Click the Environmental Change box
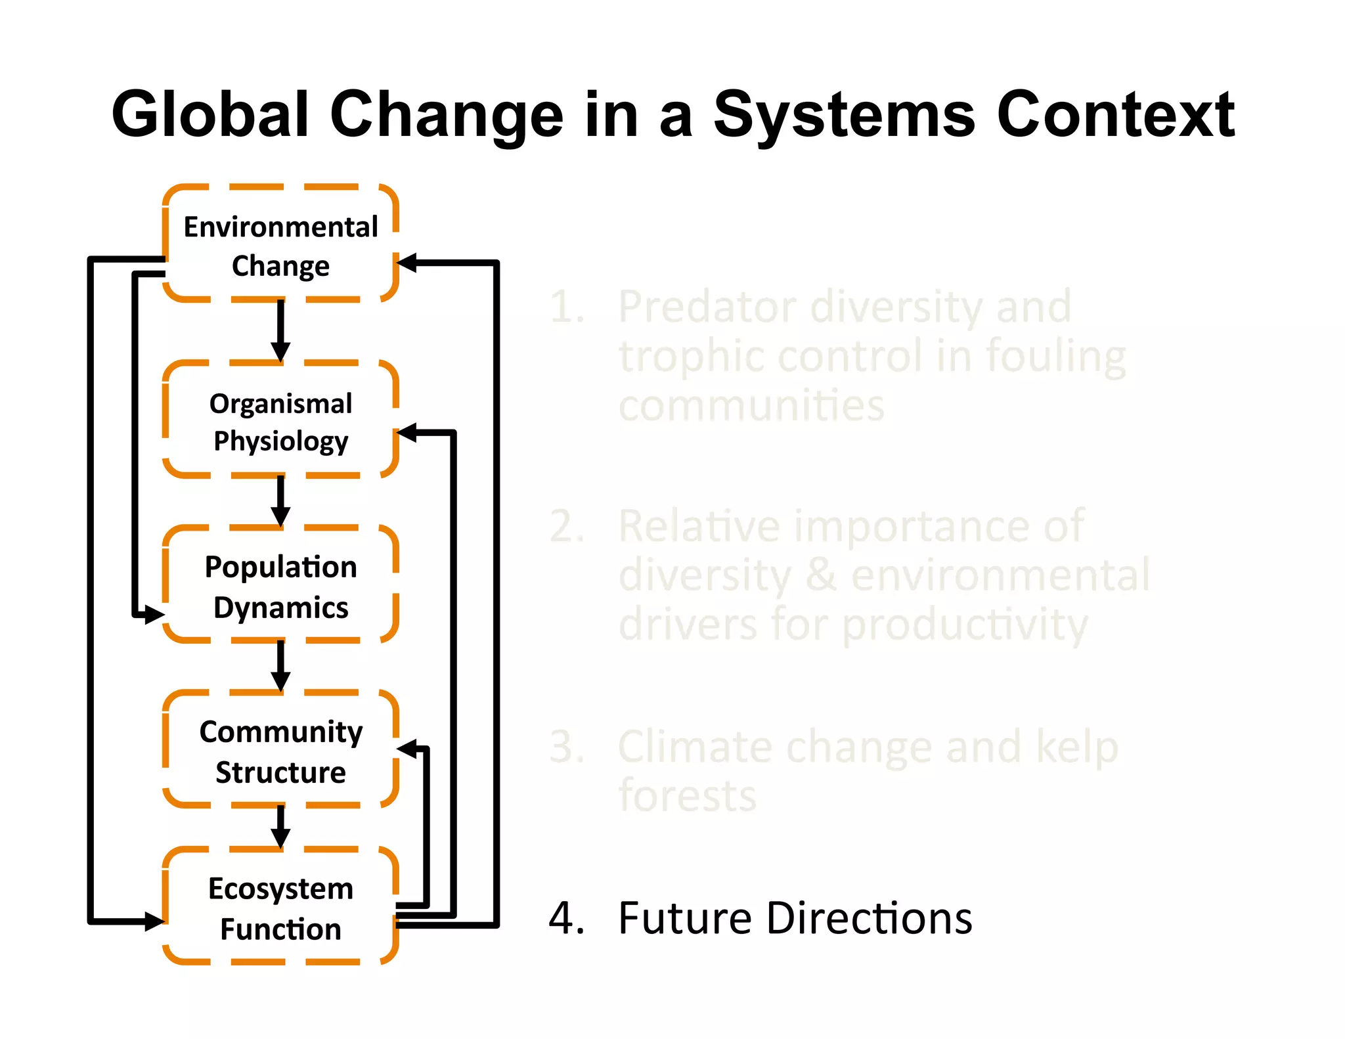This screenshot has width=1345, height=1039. [280, 244]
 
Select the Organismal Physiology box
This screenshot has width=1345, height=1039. [280, 420]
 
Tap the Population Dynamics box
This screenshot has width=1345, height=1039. [280, 585]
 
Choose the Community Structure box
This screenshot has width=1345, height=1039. [280, 750]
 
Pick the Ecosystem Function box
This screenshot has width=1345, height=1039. [280, 907]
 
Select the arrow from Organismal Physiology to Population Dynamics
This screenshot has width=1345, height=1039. [280, 501]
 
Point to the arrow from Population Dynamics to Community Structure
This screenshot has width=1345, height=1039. [280, 665]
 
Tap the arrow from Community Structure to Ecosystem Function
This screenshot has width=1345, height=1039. [280, 826]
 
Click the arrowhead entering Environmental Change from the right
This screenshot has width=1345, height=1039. [408, 263]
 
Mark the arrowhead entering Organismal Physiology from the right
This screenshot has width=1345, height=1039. [408, 433]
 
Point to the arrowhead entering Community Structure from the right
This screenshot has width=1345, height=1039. [408, 749]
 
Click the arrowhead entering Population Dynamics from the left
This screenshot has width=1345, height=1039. [154, 615]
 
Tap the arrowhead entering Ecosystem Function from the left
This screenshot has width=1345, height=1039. [154, 921]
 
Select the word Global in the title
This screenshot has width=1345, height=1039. [210, 114]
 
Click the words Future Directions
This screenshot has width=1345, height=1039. [795, 918]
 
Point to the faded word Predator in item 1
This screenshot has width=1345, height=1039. [707, 307]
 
